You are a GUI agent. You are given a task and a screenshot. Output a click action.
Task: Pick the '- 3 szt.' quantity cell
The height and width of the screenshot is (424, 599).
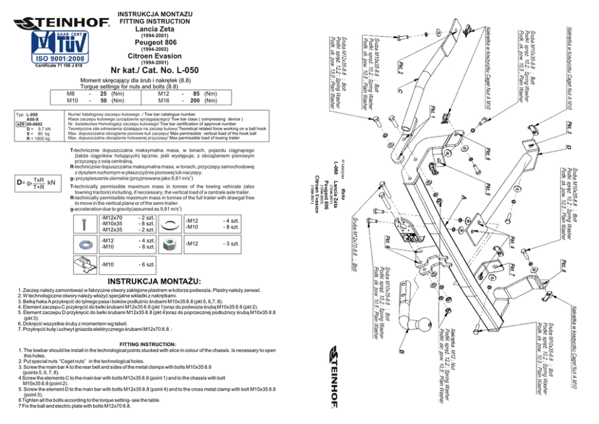coord(231,244)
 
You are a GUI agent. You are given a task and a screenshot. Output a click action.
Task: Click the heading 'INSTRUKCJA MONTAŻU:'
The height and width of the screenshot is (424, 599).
coord(154,281)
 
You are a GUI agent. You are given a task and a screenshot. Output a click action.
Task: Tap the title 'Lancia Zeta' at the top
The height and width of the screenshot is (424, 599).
coord(147,28)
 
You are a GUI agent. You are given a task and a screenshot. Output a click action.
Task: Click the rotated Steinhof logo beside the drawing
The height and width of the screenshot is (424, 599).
coord(341,377)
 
